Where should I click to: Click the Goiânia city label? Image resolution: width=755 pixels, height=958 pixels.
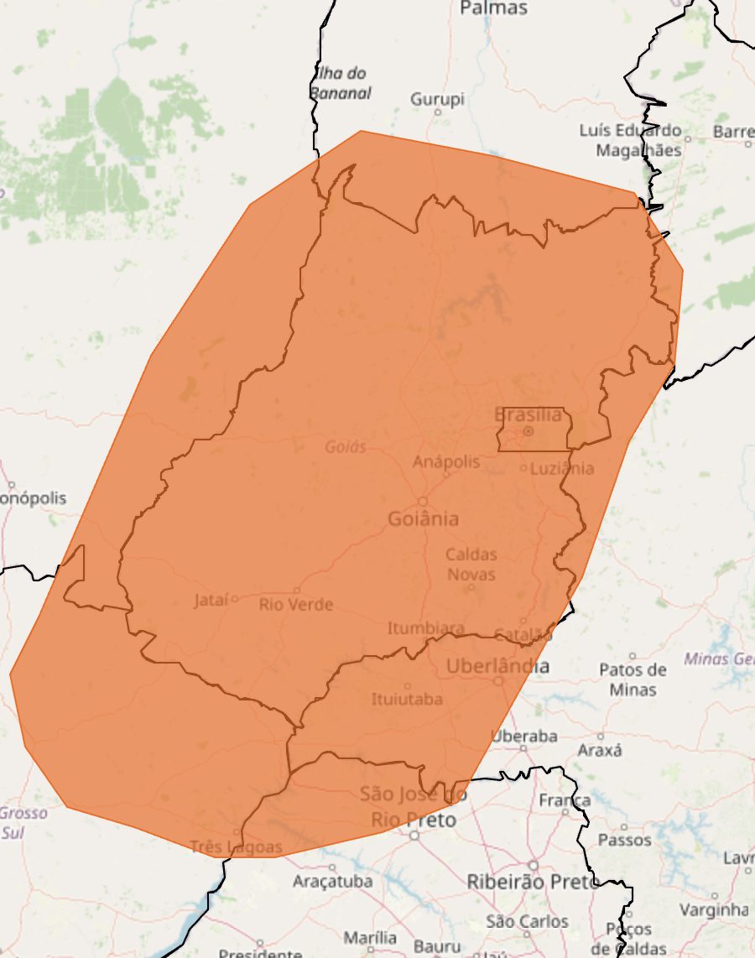coord(423,518)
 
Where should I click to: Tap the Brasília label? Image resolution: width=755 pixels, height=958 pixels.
coord(528,414)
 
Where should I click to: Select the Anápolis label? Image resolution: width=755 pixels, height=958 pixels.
coord(446,461)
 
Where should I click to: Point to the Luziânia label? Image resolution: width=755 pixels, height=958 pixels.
coord(562,468)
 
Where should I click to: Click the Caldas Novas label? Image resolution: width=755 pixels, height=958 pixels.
coord(471,564)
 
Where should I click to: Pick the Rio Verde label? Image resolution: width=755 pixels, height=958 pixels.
coord(295,604)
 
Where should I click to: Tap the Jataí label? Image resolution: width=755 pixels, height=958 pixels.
coord(211,600)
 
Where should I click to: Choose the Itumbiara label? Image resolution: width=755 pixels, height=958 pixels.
coord(425,627)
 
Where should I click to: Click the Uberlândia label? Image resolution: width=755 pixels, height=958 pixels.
coord(498,667)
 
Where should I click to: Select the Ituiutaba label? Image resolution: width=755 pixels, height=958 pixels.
coord(407,699)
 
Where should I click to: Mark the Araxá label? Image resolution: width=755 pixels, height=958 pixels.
coord(600,750)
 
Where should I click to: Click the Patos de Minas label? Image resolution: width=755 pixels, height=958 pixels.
coord(633,679)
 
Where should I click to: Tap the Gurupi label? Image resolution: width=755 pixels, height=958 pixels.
coord(437,99)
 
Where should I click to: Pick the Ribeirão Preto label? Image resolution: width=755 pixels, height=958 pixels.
coord(532,882)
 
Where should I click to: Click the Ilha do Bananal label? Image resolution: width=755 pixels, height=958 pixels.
coord(341,83)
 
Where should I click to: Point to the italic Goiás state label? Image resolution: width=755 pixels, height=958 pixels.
coord(346,447)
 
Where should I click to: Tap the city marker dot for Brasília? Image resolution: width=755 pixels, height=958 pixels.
coord(528,431)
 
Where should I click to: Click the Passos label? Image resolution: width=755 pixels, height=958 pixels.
coord(624,840)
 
